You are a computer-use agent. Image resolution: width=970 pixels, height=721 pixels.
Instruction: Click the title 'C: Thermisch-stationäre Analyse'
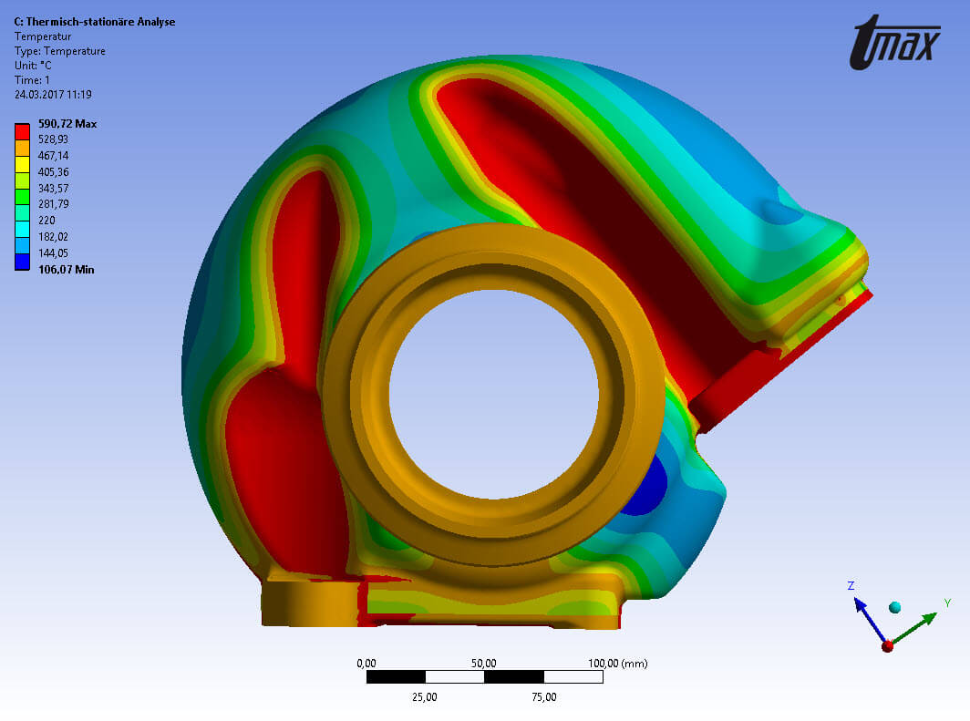[95, 22]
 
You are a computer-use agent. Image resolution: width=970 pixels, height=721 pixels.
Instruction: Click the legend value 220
[48, 221]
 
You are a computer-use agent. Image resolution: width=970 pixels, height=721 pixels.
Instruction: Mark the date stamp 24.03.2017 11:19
[53, 95]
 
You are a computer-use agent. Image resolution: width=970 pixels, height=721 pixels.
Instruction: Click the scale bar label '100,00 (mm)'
[617, 664]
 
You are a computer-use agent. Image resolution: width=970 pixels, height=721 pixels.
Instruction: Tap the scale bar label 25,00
[425, 697]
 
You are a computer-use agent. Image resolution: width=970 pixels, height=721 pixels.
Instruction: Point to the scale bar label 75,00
[543, 697]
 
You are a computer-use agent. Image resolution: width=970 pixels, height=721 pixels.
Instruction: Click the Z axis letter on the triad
[851, 586]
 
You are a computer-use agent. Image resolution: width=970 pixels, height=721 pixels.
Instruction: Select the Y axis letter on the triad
[947, 603]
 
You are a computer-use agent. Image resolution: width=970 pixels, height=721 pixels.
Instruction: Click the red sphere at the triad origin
[887, 646]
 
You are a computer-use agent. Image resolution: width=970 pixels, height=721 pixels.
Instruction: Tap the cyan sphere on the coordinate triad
[894, 607]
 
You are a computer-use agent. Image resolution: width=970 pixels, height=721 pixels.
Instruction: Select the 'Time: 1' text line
[34, 80]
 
